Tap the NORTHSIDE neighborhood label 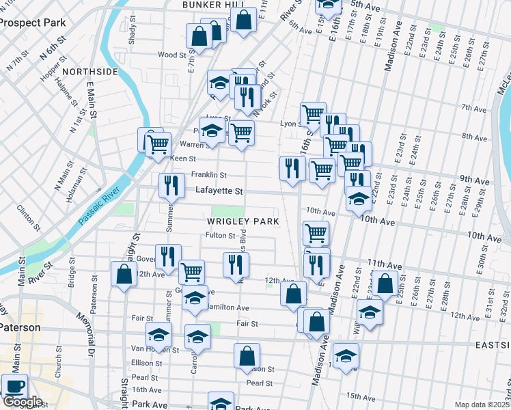coord(85,70)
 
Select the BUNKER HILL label coord(204,5)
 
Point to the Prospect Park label coord(33,23)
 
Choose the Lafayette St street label coord(219,192)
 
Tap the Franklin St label coord(208,175)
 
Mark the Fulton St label coord(221,236)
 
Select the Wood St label coord(172,55)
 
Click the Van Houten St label coord(154,350)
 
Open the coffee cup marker coord(14,385)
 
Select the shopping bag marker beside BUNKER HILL coord(243,19)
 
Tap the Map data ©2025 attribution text coord(482,405)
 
